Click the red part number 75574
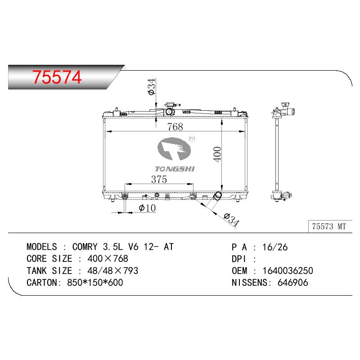point(57,77)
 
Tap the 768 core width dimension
point(175,127)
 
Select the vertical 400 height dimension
point(217,154)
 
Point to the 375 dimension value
point(159,179)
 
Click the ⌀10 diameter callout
point(147,208)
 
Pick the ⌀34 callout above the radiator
point(152,86)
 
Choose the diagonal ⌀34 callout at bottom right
point(231,220)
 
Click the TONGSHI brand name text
point(175,169)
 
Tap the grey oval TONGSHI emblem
point(174,149)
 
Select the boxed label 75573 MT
point(329,226)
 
